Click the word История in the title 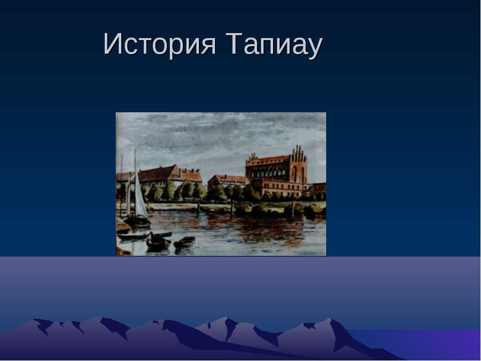(159, 45)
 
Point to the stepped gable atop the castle (299, 153)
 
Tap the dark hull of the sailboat (137, 221)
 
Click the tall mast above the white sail (134, 160)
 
